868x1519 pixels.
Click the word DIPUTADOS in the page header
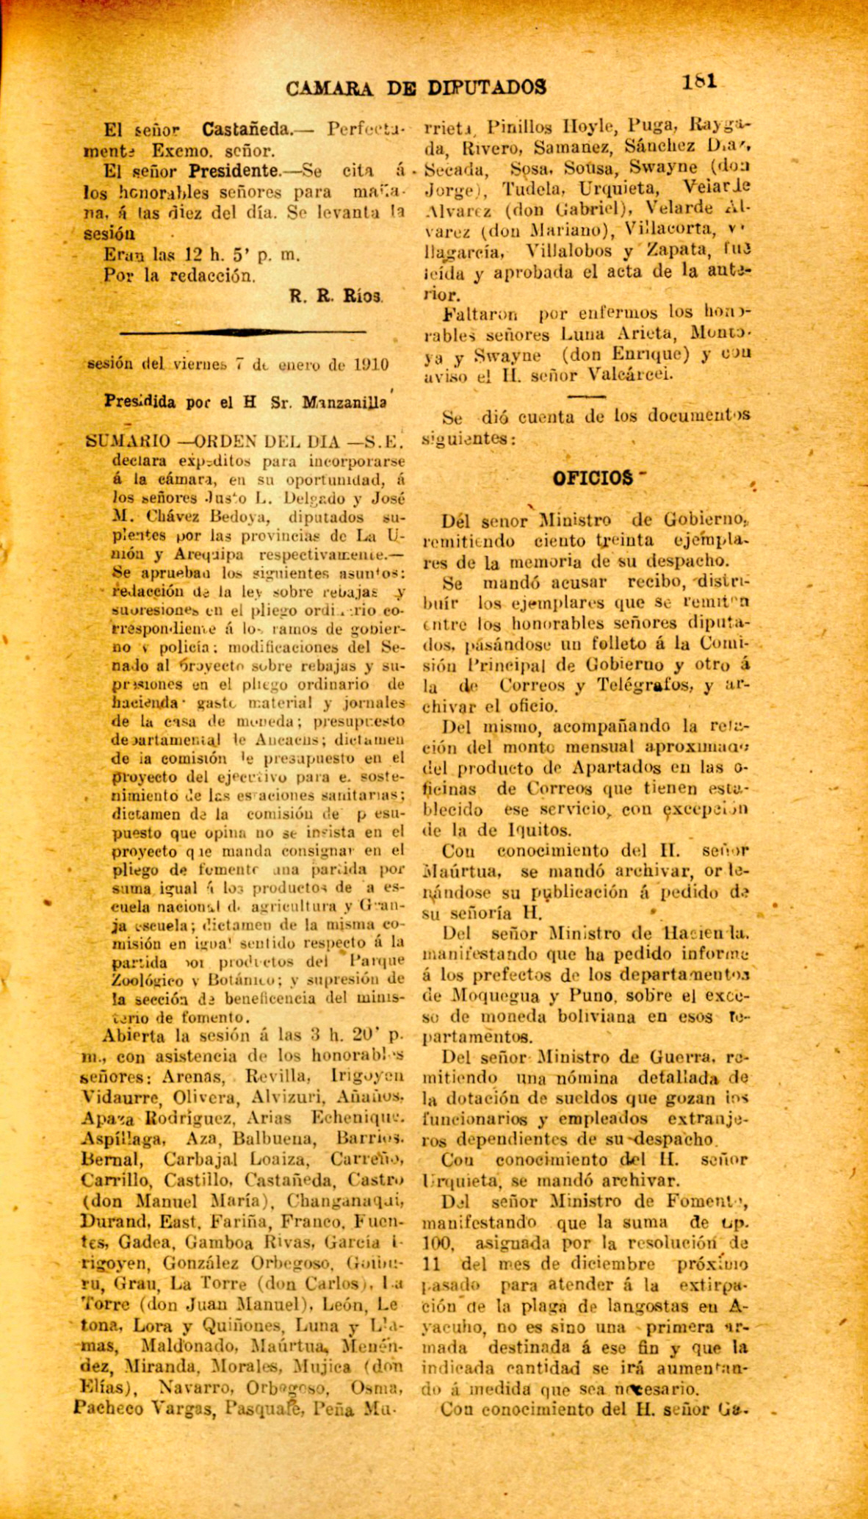coord(487,88)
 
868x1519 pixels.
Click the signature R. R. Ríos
coord(336,297)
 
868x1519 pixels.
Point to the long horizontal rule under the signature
coord(242,333)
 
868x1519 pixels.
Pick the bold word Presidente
coord(234,172)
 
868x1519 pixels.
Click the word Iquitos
coord(540,830)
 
